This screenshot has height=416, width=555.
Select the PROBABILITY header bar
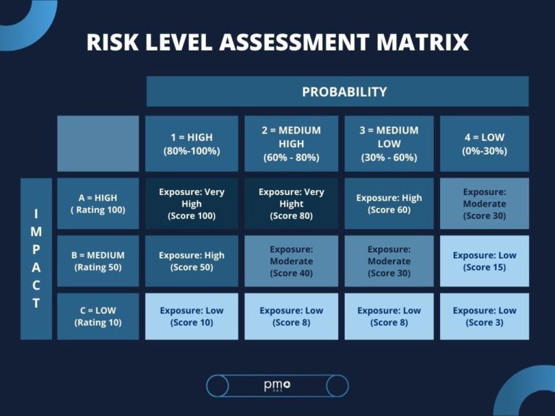(337, 92)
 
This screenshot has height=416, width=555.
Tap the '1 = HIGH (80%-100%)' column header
(192, 144)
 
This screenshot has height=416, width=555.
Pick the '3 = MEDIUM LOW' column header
(389, 144)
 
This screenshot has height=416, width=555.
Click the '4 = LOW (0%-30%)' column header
(484, 144)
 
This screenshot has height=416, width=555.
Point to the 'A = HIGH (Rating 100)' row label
(98, 204)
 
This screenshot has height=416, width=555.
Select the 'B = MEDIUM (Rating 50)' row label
(98, 261)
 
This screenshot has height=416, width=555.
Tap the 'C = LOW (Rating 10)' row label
(98, 316)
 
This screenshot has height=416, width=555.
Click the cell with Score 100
(192, 204)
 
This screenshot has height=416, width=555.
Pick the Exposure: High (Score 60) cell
(389, 204)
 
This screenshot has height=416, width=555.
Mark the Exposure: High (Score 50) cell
(192, 261)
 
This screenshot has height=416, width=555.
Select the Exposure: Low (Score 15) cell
(484, 261)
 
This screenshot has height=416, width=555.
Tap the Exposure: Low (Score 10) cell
(192, 316)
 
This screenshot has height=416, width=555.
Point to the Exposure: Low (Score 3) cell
(484, 316)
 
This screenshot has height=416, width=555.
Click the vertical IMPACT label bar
(36, 259)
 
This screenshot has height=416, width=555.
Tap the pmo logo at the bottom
(277, 386)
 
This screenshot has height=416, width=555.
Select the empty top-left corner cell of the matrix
(98, 143)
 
